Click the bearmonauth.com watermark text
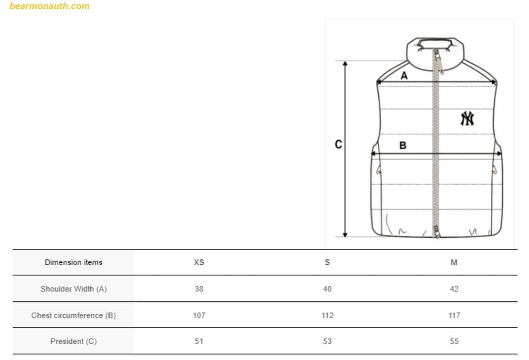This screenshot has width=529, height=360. [x=50, y=6]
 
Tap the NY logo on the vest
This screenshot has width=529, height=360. [x=467, y=119]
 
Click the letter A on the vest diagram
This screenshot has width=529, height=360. [x=404, y=76]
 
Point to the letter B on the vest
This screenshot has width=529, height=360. [x=403, y=146]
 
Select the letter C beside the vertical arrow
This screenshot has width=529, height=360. [x=338, y=145]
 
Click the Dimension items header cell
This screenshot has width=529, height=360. [x=73, y=262]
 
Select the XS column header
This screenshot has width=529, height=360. [x=199, y=262]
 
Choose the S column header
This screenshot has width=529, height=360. [x=327, y=262]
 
